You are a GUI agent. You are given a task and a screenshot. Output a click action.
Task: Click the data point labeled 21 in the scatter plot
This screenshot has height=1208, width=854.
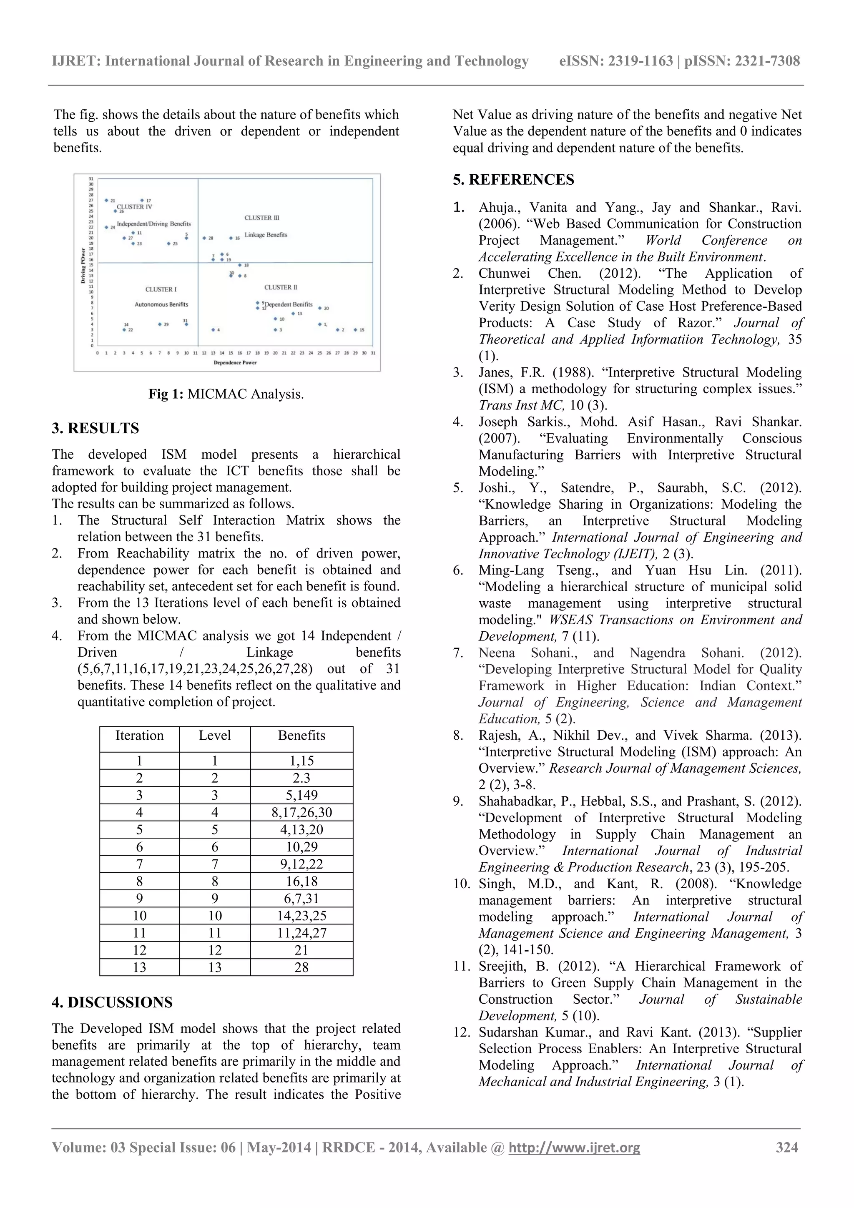pyautogui.click(x=106, y=201)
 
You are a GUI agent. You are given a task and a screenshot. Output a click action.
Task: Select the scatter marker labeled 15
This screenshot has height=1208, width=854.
pyautogui.click(x=355, y=330)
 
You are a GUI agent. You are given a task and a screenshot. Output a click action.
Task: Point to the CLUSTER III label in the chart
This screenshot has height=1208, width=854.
pyautogui.click(x=261, y=218)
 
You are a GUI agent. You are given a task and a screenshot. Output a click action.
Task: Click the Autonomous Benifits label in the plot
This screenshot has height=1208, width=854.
pyautogui.click(x=161, y=305)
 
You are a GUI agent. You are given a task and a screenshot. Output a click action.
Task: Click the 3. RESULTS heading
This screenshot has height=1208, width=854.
pyautogui.click(x=95, y=428)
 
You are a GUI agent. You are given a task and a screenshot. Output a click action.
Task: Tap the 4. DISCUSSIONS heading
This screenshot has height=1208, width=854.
pyautogui.click(x=112, y=1002)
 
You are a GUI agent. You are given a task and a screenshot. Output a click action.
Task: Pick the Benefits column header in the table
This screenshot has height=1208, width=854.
pyautogui.click(x=301, y=736)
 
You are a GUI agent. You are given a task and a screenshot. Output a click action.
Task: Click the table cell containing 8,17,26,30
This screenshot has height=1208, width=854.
pyautogui.click(x=301, y=812)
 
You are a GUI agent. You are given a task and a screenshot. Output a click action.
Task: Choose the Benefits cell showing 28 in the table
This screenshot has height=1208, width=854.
pyautogui.click(x=301, y=967)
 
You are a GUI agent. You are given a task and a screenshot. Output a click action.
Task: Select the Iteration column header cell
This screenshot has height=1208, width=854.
pyautogui.click(x=139, y=736)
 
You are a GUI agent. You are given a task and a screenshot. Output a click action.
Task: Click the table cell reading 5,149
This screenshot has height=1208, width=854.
pyautogui.click(x=301, y=795)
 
